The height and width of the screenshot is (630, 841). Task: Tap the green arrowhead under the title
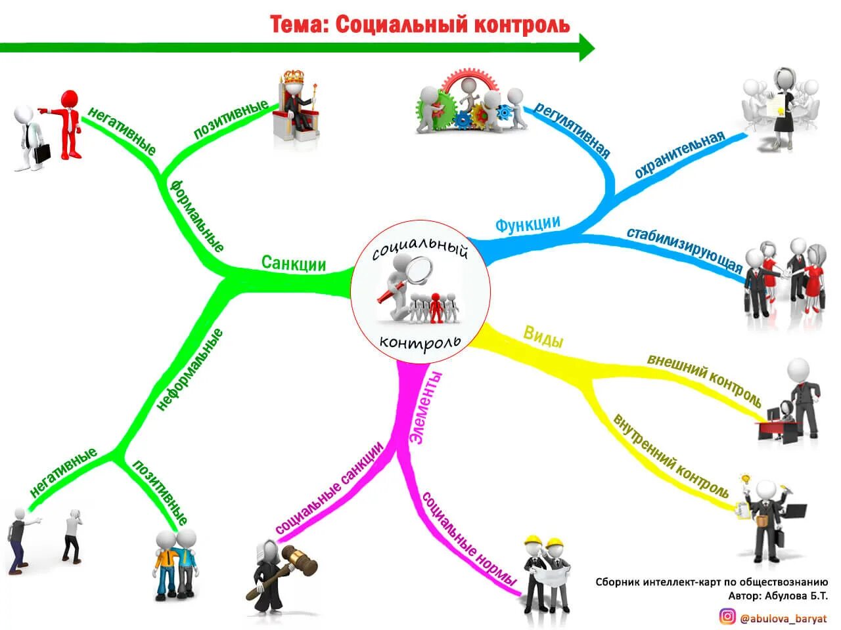[x=586, y=48]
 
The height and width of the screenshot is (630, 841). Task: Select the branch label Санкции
[x=294, y=263]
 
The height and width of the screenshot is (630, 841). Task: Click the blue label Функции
[x=527, y=224]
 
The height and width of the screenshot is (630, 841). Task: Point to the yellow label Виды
[x=543, y=337]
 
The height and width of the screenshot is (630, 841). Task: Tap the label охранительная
[x=679, y=155]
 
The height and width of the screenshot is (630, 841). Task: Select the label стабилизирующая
[x=684, y=250]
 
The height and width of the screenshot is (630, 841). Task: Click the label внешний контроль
[x=704, y=380]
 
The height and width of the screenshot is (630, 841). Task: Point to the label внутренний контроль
[x=671, y=455]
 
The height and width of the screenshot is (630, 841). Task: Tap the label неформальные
[x=190, y=369]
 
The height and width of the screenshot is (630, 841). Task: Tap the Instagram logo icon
[x=727, y=616]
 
